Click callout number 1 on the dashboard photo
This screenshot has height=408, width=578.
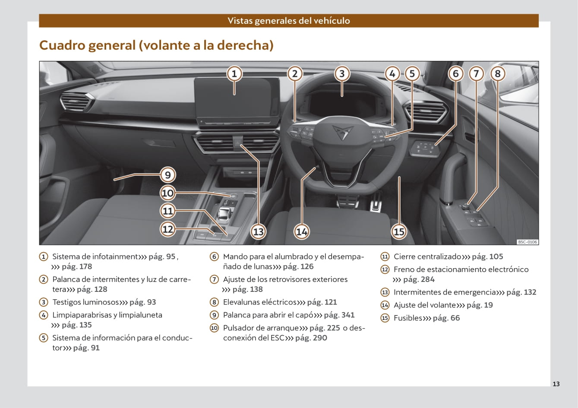pos(234,74)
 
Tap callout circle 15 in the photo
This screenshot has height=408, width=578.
pos(399,232)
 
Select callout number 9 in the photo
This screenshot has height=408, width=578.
pos(167,175)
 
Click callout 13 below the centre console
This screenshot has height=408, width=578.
pos(258,232)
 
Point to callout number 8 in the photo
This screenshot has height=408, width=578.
pos(497,74)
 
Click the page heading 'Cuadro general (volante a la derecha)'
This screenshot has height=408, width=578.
pos(156,45)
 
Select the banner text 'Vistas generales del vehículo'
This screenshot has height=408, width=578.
pos(289,21)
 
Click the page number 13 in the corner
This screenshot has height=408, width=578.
pos(556,384)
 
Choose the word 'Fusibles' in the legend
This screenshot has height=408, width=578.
pos(408,318)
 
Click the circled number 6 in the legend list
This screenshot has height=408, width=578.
pos(214,256)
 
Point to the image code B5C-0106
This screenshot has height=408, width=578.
pos(527,242)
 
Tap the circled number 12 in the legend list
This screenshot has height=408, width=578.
pos(385,269)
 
